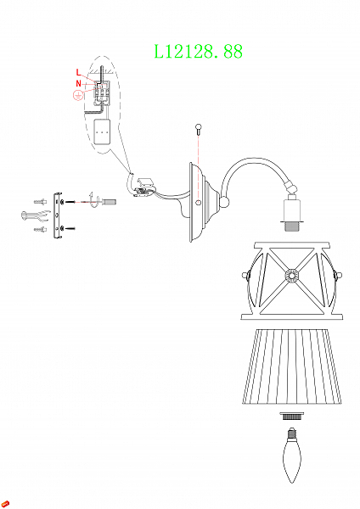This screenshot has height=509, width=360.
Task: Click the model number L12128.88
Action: pos(198,51)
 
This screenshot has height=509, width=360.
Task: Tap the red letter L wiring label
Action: pos(79,71)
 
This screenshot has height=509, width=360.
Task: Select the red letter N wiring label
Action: pos(79,83)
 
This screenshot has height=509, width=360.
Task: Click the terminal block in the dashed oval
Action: pos(103,91)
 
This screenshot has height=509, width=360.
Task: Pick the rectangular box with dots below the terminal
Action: pos(103,133)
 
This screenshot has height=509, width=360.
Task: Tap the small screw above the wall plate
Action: pos(198,129)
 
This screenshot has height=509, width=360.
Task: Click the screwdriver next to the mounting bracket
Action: pos(106,201)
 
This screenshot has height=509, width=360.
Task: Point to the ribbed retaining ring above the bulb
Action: pos(293,417)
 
